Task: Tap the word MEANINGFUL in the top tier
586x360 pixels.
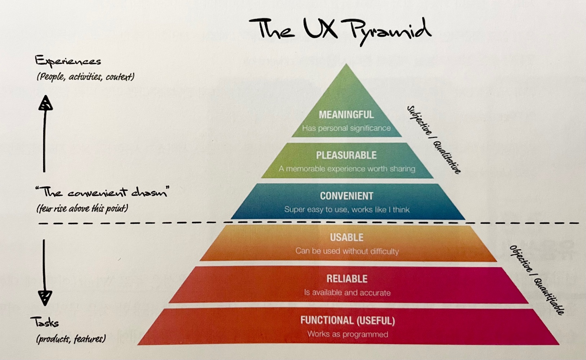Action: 346,115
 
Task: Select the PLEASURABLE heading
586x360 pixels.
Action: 346,155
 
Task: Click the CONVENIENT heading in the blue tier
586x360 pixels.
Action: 346,196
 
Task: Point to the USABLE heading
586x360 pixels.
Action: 347,237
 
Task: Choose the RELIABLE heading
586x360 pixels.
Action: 347,279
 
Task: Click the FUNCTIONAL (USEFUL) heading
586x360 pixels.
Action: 348,321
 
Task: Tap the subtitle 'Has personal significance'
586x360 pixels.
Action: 346,128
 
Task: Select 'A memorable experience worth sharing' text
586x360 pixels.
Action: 347,168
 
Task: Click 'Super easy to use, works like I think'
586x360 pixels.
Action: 347,209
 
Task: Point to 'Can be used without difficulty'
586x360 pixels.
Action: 347,251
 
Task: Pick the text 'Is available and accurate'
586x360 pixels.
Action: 347,292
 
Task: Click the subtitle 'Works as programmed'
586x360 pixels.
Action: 348,334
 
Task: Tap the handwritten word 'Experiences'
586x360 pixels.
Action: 68,61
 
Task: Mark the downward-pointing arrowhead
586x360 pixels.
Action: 45,298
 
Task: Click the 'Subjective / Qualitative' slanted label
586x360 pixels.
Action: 434,139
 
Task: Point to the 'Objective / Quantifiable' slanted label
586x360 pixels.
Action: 537,280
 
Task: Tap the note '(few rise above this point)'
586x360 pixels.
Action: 82,209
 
